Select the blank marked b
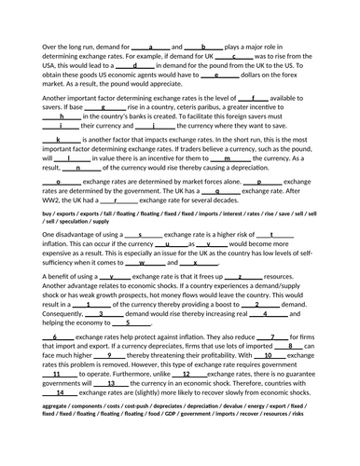[x=203, y=45]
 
